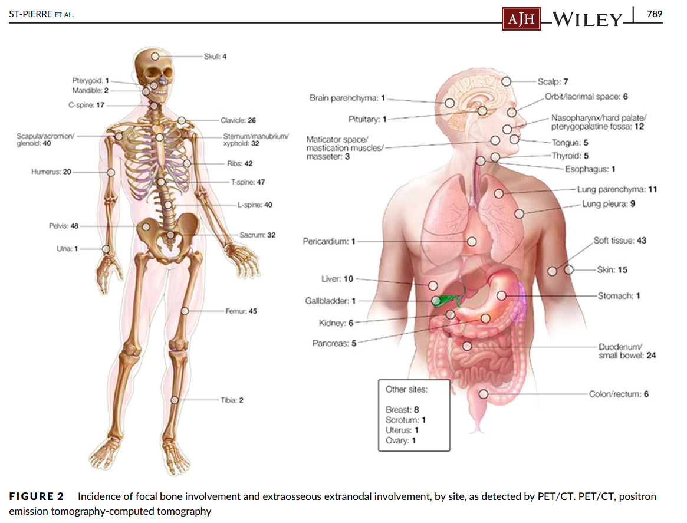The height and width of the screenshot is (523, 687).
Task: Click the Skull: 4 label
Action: (x=215, y=56)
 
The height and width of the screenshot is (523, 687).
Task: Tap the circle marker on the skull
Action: (x=155, y=56)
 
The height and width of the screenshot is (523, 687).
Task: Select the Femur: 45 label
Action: (x=241, y=311)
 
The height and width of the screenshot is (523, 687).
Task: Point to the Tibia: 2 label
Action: (x=232, y=400)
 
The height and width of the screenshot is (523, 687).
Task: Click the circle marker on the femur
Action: (x=185, y=311)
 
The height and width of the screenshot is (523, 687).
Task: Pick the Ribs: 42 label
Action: (x=239, y=163)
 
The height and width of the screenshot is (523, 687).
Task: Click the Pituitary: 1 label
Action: (x=367, y=119)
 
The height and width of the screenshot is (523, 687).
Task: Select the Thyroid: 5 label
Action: (x=570, y=156)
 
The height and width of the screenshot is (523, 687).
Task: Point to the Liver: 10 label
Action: (x=340, y=279)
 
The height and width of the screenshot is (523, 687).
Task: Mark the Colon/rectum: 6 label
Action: (x=619, y=394)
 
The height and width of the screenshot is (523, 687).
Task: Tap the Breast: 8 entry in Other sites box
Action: (x=402, y=409)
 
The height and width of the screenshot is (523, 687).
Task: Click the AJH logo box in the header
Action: (x=521, y=20)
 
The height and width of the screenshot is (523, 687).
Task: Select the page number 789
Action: (x=655, y=14)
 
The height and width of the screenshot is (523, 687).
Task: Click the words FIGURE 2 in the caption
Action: (x=40, y=497)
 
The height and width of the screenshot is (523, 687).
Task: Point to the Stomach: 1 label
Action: (x=619, y=295)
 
